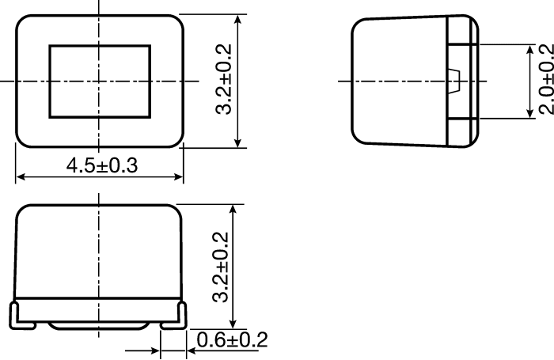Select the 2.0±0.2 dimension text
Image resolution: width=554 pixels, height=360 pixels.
(545, 79)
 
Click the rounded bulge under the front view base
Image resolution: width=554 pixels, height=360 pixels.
(98, 325)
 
